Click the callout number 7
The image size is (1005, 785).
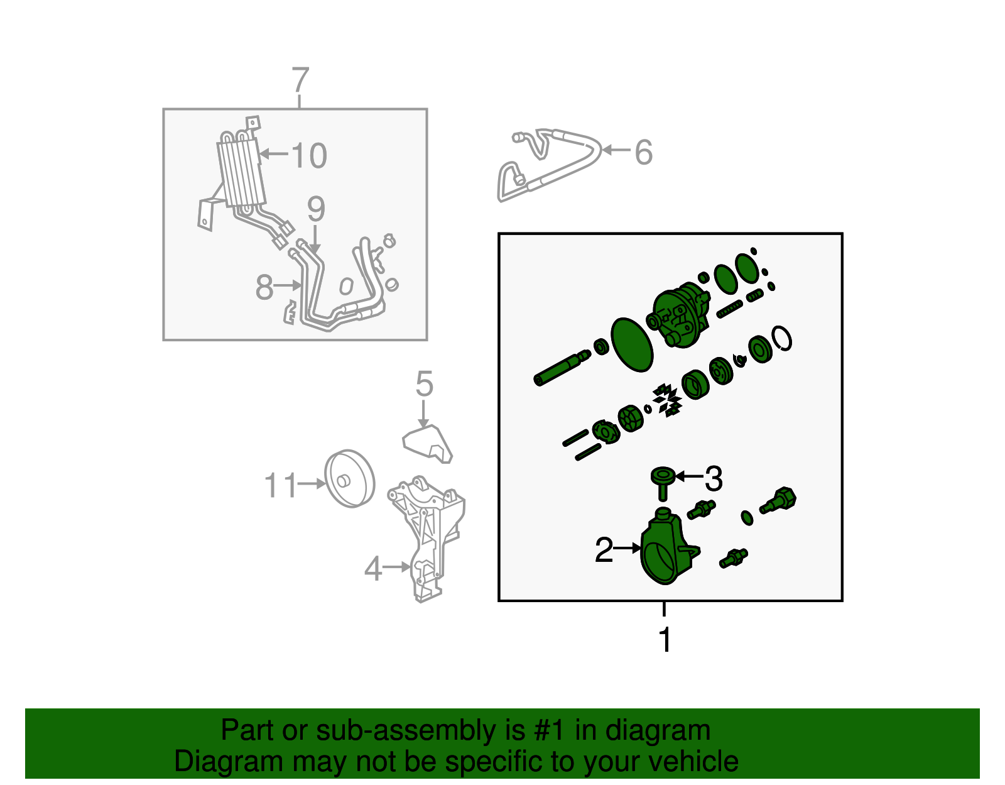point(301,80)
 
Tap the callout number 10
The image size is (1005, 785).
point(310,155)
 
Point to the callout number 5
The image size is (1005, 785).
point(424,383)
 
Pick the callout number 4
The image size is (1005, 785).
point(373,568)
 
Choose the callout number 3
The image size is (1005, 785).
point(713,478)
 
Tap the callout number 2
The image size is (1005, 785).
point(604,550)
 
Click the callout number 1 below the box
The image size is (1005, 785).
point(665,640)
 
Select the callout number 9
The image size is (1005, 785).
point(316,209)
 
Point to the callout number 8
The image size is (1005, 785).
point(264,287)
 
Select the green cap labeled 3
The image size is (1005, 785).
point(662,483)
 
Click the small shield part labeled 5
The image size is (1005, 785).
point(427,444)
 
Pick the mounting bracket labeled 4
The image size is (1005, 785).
point(426,539)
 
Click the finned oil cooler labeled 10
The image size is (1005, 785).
point(241,173)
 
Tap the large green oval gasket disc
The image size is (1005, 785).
point(632,344)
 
